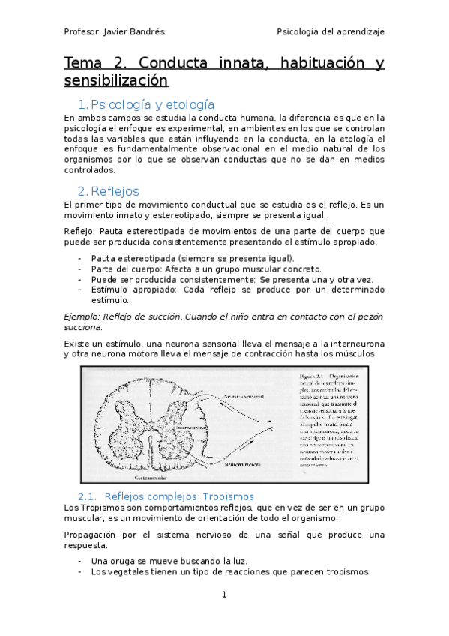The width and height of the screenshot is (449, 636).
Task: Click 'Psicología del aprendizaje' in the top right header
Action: (x=331, y=32)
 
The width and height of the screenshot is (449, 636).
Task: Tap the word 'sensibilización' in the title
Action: (x=115, y=80)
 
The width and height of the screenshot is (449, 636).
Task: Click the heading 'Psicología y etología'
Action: (x=152, y=104)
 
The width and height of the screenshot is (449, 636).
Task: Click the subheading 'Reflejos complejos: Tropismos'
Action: (x=179, y=496)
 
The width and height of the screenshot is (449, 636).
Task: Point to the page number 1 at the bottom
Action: (x=223, y=595)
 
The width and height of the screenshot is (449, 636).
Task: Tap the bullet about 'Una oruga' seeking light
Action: (x=169, y=560)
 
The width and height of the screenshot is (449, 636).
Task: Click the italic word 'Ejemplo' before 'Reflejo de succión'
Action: (x=82, y=316)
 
